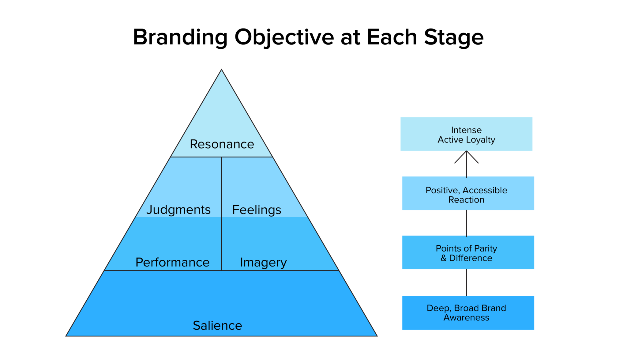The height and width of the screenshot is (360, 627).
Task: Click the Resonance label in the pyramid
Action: pos(222,144)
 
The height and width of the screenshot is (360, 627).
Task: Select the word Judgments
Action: pos(178,210)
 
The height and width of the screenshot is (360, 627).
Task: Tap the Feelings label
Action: pos(257,210)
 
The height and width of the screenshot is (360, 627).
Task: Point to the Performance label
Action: pos(172,262)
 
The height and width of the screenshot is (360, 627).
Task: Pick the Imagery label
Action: pos(263,263)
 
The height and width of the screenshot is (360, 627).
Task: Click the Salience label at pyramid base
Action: pos(217,325)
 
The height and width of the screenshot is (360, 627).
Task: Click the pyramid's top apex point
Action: pos(221,70)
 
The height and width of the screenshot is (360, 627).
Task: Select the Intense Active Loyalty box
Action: pos(466,134)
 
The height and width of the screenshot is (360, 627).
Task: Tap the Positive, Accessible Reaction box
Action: pos(468,193)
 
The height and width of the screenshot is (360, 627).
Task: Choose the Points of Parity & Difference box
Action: pos(468,252)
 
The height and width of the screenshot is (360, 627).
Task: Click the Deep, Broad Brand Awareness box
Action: pos(468,313)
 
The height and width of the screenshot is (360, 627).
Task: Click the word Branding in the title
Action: pos(180,37)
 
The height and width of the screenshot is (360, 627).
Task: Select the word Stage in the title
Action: pos(453,37)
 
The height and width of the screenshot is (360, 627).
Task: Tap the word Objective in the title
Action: pos(284,37)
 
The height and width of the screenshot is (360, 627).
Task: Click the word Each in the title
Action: pos(392,37)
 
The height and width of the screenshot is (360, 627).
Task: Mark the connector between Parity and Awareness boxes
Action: pos(466,282)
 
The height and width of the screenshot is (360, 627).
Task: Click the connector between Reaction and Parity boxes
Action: pos(466,223)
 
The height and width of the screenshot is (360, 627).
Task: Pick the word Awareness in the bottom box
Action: pos(466,318)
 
